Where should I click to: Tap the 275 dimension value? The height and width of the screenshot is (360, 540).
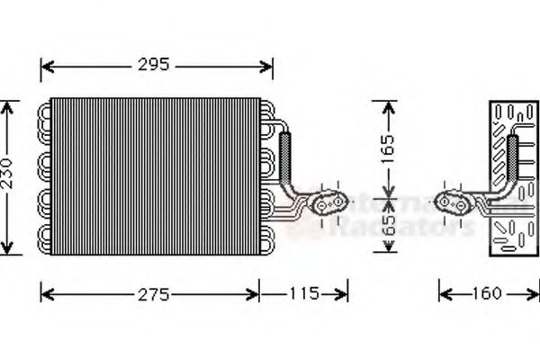150,293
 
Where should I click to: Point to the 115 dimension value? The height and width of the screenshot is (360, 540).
304,293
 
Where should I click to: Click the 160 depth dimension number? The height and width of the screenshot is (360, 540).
487,293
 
